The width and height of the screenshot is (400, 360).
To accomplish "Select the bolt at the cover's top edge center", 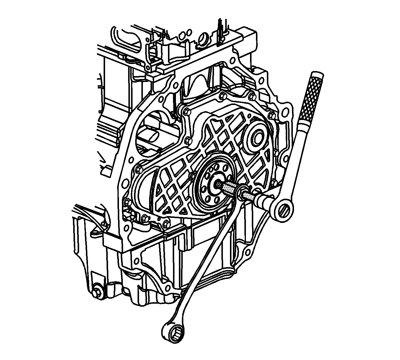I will click(222, 95).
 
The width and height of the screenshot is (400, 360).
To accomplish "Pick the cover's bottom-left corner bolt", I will click(144, 218).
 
